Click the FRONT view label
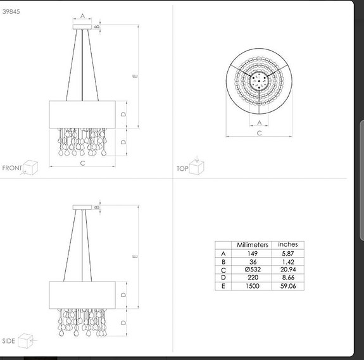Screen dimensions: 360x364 click(x=12, y=168)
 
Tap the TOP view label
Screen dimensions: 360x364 click(x=182, y=170)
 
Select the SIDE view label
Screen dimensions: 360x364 click(x=9, y=341)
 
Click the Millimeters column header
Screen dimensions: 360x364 click(x=253, y=245)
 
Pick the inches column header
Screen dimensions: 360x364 click(x=287, y=245)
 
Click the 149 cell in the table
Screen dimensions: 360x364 click(x=253, y=253)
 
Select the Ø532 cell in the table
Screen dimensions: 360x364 click(x=253, y=270)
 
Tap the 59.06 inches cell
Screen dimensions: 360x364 click(x=287, y=286)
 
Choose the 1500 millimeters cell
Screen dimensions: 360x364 click(x=253, y=286)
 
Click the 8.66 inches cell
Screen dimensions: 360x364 click(x=287, y=278)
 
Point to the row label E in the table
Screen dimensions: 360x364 click(x=223, y=286)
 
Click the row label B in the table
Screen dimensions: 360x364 click(x=223, y=261)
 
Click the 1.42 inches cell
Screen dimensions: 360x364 click(x=287, y=261)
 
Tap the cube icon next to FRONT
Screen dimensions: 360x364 click(x=31, y=167)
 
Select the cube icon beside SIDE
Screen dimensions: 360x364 click(x=26, y=340)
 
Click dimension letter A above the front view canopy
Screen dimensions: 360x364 click(x=82, y=16)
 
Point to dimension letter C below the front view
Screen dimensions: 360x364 click(x=82, y=163)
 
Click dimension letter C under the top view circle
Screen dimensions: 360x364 click(x=260, y=133)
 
